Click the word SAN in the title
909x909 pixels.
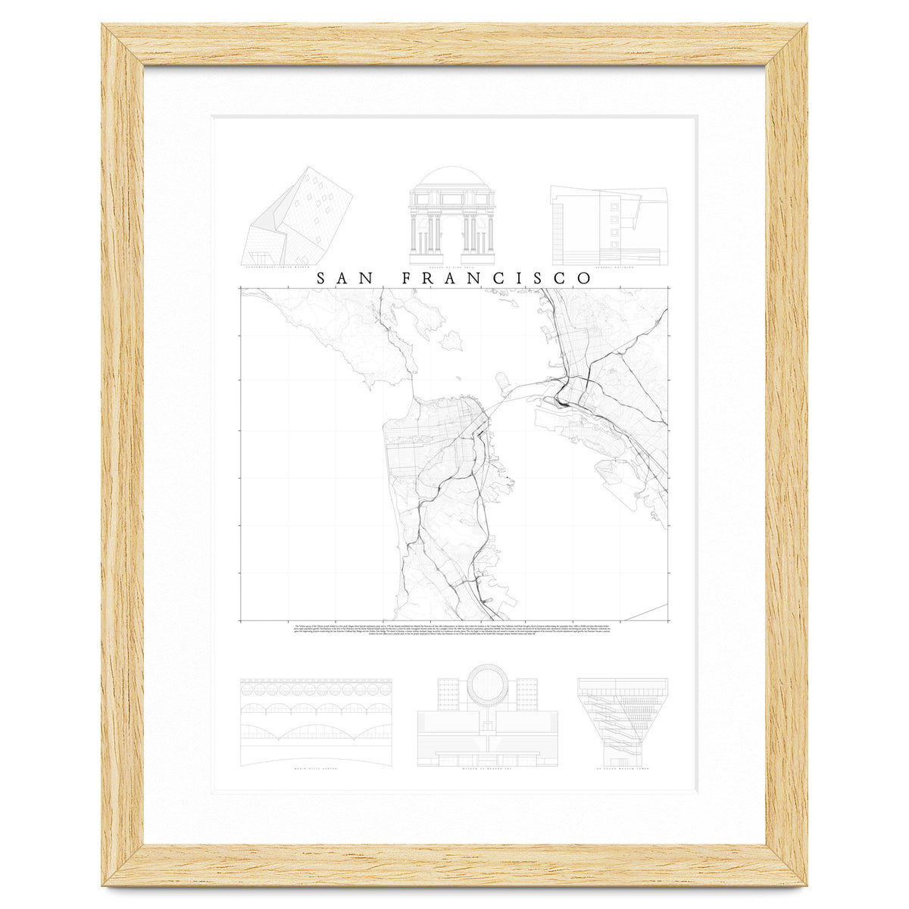coord(345,278)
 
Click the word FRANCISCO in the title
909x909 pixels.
coord(496,278)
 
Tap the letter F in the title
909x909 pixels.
coord(406,278)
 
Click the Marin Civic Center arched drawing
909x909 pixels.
coord(316,720)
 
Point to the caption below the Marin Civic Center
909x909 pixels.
coord(316,776)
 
